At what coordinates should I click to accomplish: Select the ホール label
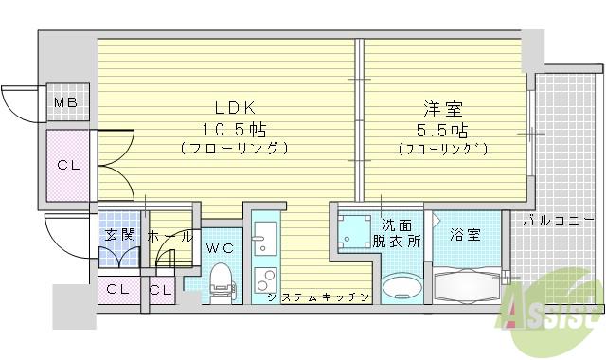point(169,237)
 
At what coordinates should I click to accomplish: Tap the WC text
point(219,248)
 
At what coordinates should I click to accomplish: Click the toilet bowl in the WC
point(221,278)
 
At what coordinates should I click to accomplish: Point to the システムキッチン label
point(317,297)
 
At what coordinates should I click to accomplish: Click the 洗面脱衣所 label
point(397,232)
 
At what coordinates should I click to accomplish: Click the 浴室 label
point(465,233)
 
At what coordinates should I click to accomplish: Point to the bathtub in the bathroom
point(467,283)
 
